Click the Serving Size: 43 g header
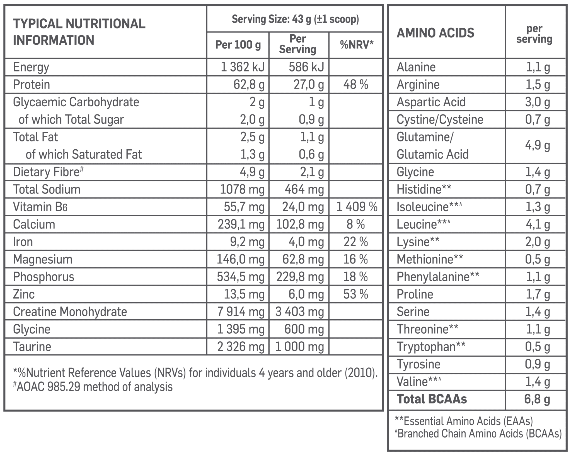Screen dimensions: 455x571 pyautogui.click(x=295, y=19)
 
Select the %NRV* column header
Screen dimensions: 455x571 pyautogui.click(x=356, y=45)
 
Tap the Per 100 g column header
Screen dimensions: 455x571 pyautogui.click(x=238, y=45)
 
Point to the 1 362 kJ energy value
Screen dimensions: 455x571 pyautogui.click(x=242, y=67)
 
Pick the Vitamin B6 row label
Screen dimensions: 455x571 pyautogui.click(x=40, y=207)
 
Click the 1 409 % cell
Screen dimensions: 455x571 pyautogui.click(x=357, y=207)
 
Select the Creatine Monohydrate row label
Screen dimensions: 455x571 pyautogui.click(x=70, y=312)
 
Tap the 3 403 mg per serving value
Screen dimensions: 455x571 pyautogui.click(x=299, y=312)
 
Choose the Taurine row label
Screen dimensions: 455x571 pyautogui.click(x=32, y=347)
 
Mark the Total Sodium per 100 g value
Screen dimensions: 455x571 pyautogui.click(x=242, y=190)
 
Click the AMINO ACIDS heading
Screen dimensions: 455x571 pyautogui.click(x=435, y=33)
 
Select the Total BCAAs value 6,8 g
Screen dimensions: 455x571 pyautogui.click(x=537, y=399)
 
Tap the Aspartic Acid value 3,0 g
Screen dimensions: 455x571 pyautogui.click(x=537, y=102)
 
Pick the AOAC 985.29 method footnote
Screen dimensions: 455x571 pyautogui.click(x=93, y=387)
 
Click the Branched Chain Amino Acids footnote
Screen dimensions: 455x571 pyautogui.click(x=478, y=434)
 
